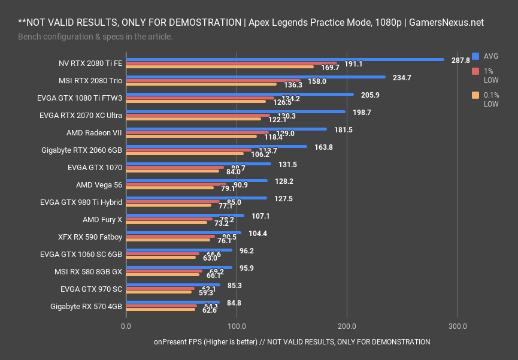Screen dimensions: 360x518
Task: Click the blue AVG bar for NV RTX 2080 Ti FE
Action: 284,60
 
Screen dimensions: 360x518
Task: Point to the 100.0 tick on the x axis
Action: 237,326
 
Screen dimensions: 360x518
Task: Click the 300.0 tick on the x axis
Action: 458,326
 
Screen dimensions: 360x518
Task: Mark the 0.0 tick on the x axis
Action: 126,326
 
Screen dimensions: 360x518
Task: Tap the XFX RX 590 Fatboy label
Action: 90,237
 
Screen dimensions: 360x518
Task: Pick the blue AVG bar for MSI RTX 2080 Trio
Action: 256,77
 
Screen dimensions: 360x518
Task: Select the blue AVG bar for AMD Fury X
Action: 185,215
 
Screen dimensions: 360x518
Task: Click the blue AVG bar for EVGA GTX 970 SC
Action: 173,285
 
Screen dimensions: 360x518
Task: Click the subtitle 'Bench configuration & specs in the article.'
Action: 95,37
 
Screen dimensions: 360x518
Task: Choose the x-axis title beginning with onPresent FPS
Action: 292,342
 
